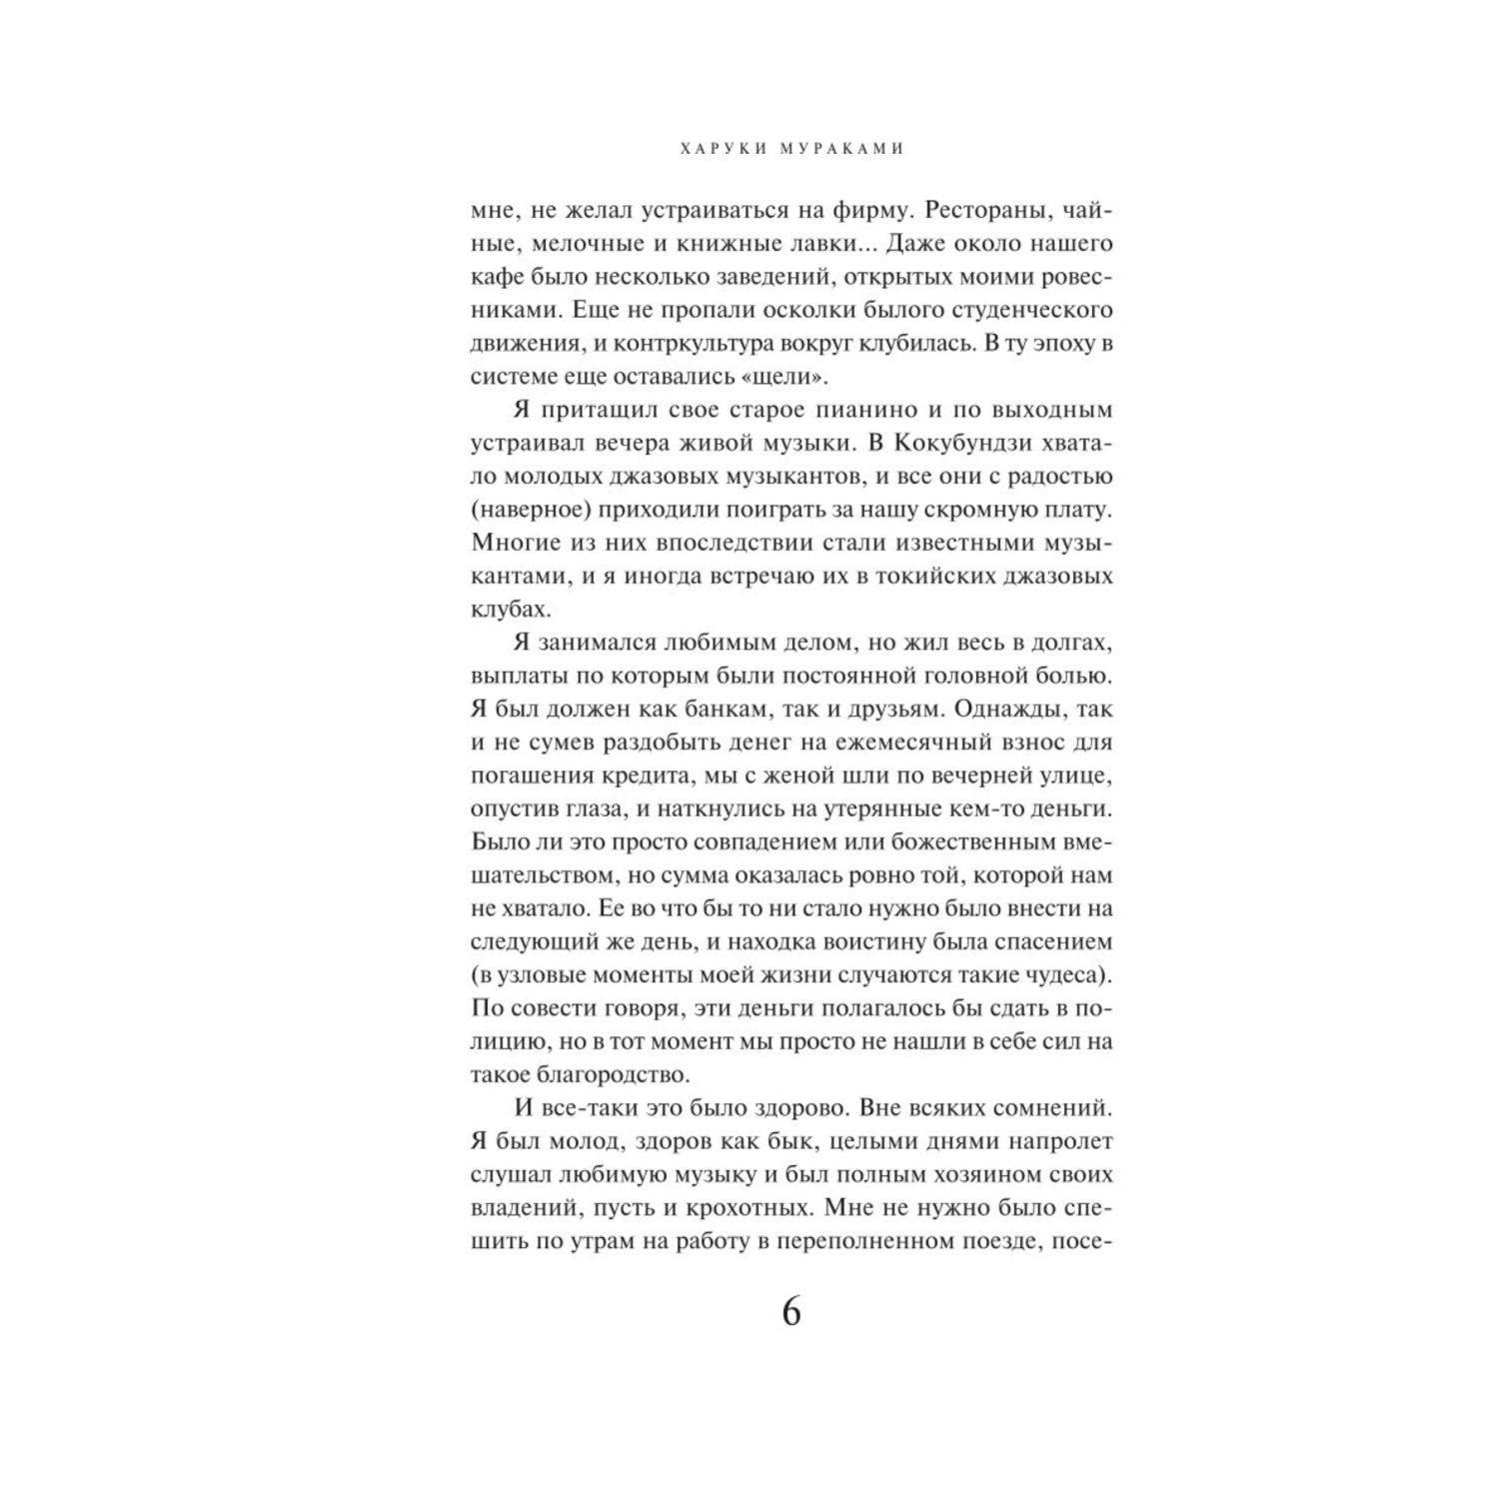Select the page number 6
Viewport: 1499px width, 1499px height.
tap(790, 1312)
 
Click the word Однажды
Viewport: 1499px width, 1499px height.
tap(1011, 710)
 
